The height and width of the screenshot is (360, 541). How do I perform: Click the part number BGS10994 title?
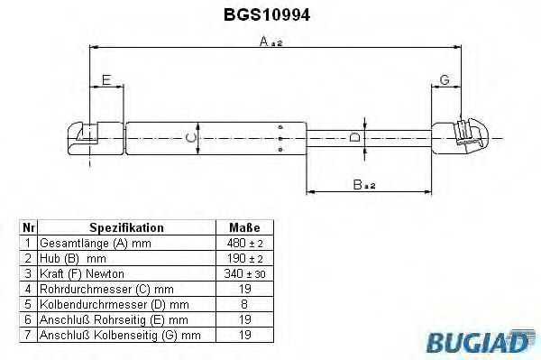(x=267, y=14)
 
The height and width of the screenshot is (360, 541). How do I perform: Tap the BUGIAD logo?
(x=481, y=341)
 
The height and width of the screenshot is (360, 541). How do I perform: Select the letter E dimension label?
(x=106, y=79)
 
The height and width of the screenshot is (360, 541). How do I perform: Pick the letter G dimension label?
(x=445, y=79)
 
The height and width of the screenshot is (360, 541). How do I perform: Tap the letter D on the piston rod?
(x=354, y=137)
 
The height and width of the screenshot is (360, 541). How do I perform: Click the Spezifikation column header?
(x=126, y=227)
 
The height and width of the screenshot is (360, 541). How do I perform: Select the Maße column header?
(x=244, y=227)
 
